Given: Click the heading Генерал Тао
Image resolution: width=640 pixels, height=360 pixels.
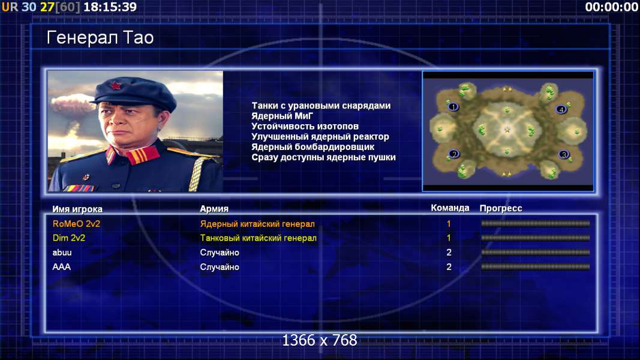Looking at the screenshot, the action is tap(100, 38).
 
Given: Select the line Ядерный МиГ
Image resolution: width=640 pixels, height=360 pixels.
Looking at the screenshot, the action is tap(282, 116).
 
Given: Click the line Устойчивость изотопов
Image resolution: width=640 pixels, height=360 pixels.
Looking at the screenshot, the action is tap(305, 127).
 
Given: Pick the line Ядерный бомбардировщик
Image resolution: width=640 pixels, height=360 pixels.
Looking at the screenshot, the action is tap(313, 147).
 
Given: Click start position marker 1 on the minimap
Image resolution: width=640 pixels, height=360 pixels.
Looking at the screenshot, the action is tap(453, 107).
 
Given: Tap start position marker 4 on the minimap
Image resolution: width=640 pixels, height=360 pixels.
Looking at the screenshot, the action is tap(561, 109).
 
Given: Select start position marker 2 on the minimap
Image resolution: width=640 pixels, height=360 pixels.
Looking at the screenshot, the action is tap(454, 154).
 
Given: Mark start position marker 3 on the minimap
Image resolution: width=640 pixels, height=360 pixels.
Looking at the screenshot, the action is tap(564, 155).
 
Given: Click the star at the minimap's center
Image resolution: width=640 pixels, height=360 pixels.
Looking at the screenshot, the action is tap(507, 130).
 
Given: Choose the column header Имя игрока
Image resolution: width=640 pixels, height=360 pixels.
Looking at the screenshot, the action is tap(77, 209).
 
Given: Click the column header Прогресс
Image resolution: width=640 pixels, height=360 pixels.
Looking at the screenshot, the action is tap(501, 208).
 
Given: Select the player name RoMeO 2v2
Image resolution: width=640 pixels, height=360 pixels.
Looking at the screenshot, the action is tap(76, 224).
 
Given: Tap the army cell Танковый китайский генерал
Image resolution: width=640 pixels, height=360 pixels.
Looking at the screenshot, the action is tap(258, 238).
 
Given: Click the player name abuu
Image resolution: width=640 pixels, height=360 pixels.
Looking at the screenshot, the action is tap(62, 253).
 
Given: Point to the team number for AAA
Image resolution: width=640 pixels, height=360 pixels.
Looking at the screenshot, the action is tap(449, 267).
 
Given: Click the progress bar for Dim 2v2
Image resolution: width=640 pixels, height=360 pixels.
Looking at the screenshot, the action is tap(535, 238).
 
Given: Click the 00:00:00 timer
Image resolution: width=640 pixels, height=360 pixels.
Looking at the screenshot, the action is tap(611, 7).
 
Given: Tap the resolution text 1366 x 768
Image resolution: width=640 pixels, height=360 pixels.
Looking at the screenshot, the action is tap(320, 340).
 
